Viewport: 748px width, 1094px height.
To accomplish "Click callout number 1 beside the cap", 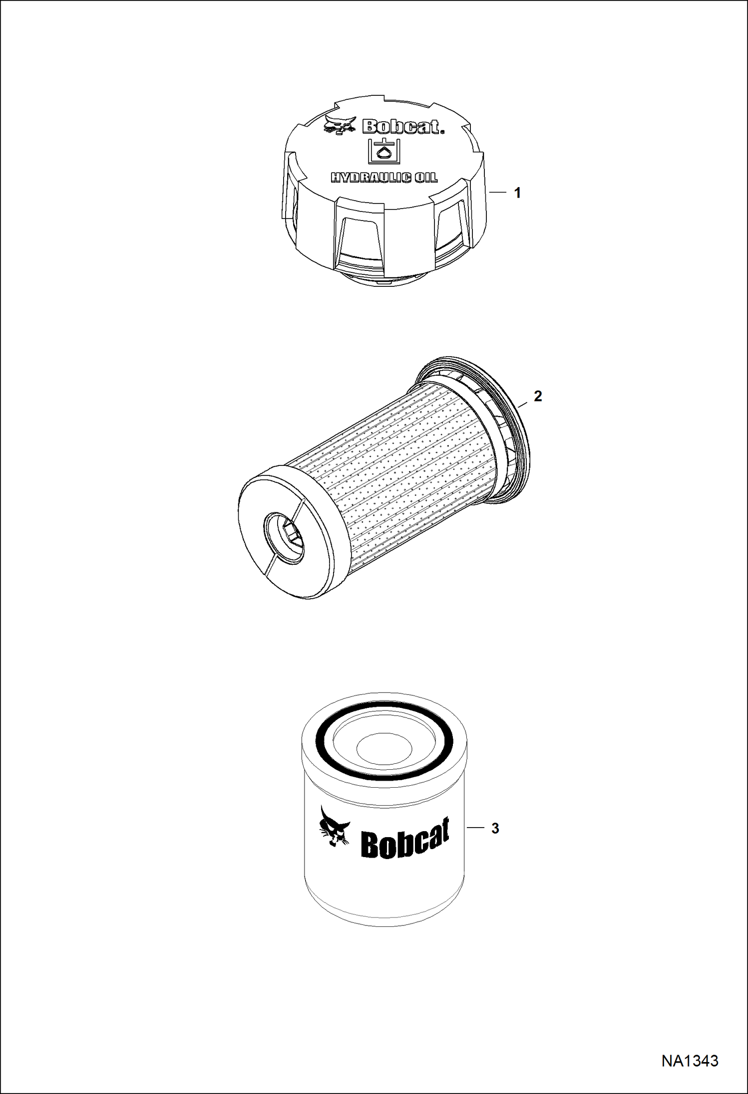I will [518, 193].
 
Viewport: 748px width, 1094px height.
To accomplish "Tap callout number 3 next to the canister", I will [495, 828].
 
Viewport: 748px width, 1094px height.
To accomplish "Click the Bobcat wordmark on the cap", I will [403, 127].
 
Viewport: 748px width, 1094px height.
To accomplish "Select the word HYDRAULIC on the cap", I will [368, 177].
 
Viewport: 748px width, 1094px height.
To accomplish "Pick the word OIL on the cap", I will [425, 177].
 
